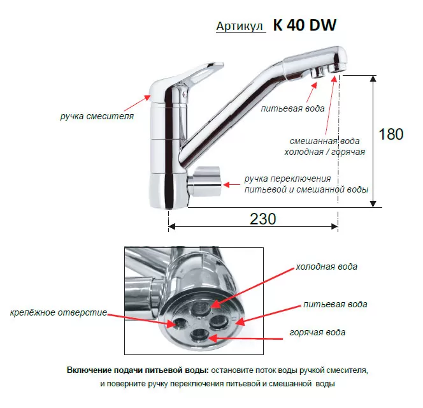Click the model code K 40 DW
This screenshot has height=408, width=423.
point(305,25)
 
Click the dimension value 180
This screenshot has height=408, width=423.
point(391,135)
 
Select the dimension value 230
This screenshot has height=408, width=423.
point(262,219)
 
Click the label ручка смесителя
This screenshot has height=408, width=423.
point(97,117)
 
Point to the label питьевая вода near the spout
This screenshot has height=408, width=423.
point(293,108)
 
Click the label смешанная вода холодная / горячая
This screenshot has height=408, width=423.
point(324,146)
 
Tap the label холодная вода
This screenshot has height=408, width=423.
point(326,266)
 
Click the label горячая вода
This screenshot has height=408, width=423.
point(317,332)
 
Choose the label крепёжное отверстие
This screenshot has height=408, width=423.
point(58,312)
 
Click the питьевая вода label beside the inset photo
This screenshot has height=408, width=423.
point(335,304)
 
